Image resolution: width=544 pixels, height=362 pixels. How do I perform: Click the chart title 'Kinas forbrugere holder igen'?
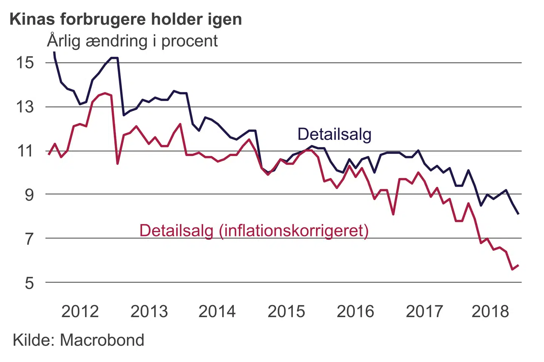[126, 19]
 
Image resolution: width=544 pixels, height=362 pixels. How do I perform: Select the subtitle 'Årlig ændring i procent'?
[132, 41]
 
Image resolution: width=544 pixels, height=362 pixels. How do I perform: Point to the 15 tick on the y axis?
[25, 63]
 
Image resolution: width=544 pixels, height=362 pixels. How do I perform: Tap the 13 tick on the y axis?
[25, 107]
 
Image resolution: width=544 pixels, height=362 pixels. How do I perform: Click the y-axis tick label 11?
[25, 151]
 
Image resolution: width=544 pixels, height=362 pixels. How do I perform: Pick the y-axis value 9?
[29, 195]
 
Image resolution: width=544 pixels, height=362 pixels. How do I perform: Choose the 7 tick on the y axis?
[29, 239]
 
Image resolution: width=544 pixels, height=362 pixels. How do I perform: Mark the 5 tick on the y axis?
[29, 283]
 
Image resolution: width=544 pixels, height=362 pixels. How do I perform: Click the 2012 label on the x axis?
[80, 311]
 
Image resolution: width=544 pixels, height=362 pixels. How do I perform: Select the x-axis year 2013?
[149, 311]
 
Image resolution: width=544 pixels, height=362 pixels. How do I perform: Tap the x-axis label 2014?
[217, 311]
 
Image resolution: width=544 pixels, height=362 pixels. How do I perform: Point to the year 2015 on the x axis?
[286, 311]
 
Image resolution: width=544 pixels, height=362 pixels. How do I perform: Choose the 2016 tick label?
[355, 311]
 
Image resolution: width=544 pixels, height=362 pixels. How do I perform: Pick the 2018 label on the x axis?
[490, 311]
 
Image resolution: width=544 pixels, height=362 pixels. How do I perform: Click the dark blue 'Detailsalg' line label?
[334, 134]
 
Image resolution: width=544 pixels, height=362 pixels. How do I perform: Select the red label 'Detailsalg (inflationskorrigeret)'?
[254, 230]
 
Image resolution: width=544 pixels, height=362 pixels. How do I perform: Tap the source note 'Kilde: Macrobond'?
[79, 340]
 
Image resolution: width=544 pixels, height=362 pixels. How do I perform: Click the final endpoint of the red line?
[518, 265]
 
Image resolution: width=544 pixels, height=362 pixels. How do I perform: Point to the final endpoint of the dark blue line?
[518, 214]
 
